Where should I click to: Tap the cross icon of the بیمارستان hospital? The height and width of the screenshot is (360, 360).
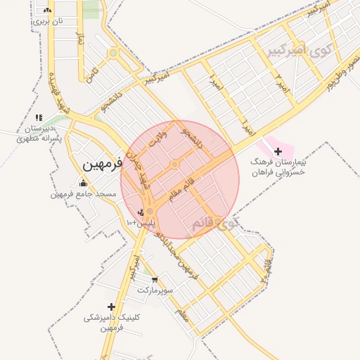point(278,151)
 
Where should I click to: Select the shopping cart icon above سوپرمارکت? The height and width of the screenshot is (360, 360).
point(154,280)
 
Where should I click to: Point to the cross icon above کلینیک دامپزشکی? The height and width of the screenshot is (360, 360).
point(111,307)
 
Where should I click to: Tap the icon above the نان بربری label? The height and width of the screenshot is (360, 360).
point(47,11)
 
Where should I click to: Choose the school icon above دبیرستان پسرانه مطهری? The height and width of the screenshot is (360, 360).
point(39,117)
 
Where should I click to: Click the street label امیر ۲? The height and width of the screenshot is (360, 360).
point(281,84)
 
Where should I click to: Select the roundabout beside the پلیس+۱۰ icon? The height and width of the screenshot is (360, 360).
point(150,211)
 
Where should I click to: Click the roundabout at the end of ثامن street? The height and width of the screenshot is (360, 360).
point(112,53)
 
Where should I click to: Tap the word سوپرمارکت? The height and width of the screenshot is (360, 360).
point(154,290)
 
